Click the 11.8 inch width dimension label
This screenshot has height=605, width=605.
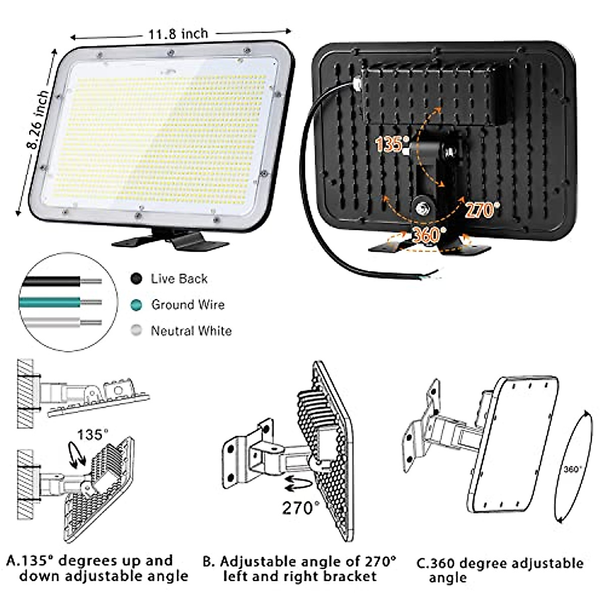pos(178,34)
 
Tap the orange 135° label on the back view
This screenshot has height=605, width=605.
pos(389,145)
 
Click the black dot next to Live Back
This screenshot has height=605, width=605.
pos(136,279)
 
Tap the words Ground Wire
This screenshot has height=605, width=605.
pos(188,305)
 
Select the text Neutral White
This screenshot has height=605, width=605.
pos(191,331)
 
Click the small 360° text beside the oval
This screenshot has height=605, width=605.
pos(572,469)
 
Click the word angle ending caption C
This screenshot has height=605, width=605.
pos(448,578)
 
